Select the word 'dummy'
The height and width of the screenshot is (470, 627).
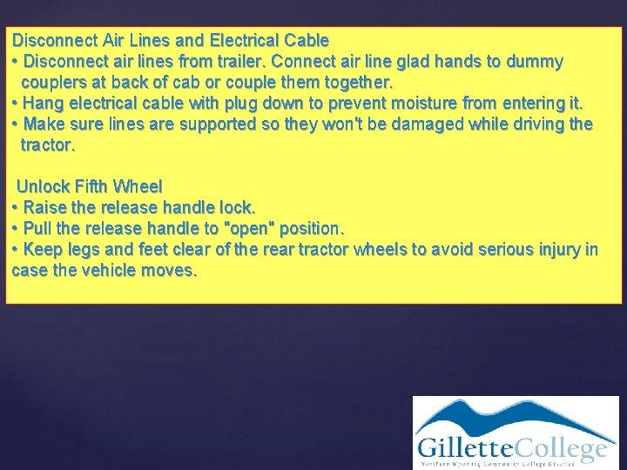point(536,62)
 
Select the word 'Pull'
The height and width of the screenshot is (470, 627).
point(38,228)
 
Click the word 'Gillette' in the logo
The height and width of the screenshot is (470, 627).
point(463,449)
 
